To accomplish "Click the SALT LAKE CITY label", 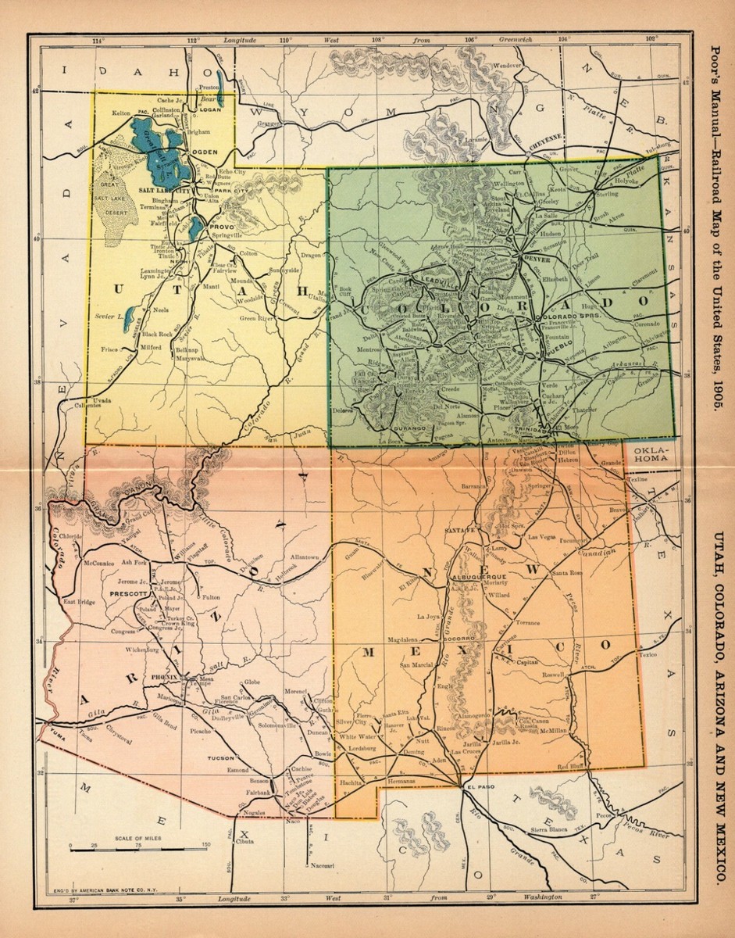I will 165,191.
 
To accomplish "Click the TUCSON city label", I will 221,758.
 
